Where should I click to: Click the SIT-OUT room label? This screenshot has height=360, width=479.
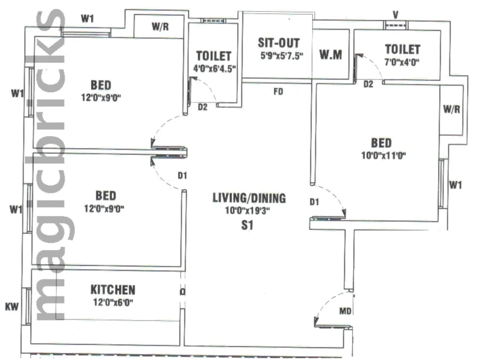[279, 43]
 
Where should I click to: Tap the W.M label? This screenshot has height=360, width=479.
[331, 55]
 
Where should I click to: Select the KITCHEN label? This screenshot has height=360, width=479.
[113, 290]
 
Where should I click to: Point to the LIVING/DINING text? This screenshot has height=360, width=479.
[249, 198]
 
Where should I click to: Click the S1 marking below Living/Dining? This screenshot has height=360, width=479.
[247, 225]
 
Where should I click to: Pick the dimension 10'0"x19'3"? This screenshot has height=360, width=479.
[247, 211]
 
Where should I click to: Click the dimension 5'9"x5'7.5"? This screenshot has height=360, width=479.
[282, 56]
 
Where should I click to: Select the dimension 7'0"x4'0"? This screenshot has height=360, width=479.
[402, 62]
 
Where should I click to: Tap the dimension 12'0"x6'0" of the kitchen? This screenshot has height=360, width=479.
[113, 302]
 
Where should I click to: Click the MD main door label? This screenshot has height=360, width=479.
[345, 311]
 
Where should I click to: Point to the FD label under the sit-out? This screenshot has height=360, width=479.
[278, 92]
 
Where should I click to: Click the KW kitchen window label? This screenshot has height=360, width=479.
[11, 306]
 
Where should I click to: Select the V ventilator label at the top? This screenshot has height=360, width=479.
[396, 15]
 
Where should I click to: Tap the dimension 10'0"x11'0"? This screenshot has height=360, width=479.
[384, 156]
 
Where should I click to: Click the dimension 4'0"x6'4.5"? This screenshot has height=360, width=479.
[215, 69]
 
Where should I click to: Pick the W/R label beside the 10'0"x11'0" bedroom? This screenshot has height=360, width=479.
[452, 109]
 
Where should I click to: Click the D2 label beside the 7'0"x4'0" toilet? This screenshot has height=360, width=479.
[368, 84]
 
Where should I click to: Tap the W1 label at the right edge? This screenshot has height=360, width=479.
[455, 185]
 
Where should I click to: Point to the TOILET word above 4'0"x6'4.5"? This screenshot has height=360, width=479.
[213, 56]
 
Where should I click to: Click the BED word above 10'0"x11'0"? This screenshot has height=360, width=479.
[381, 143]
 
